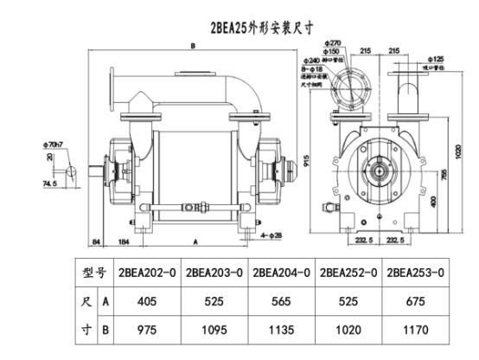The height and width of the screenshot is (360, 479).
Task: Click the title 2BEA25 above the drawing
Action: click(227, 27)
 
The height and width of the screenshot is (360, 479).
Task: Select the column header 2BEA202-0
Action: click(150, 272)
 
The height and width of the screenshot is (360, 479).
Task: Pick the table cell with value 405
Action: click(150, 301)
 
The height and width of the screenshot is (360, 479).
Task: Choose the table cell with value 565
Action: click(283, 301)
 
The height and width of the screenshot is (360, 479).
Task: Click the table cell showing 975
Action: click(150, 331)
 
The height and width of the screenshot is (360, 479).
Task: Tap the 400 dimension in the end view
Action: click(433, 201)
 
